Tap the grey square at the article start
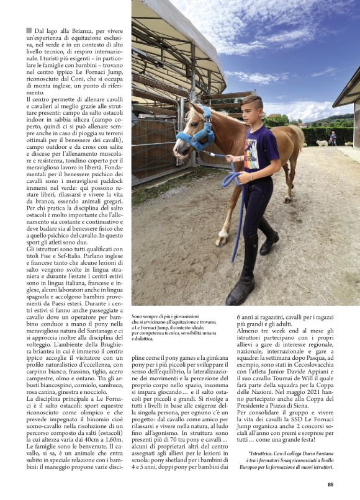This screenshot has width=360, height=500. [29, 30]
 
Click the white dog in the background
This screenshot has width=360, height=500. [322, 143]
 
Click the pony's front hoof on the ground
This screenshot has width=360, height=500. [222, 242]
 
